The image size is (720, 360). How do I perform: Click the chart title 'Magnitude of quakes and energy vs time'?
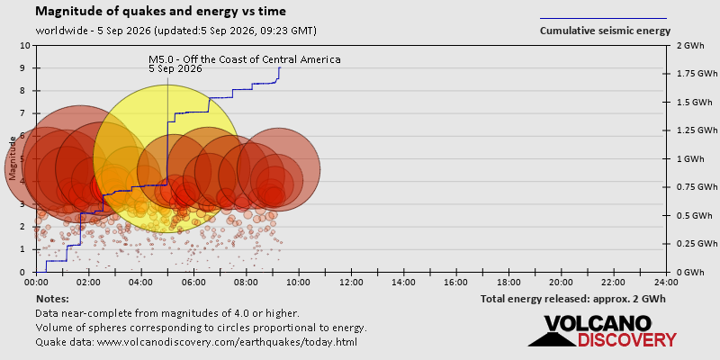tap(161, 12)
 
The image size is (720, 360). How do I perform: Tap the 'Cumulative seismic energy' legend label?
tap(605, 31)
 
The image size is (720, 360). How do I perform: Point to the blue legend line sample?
tap(603, 18)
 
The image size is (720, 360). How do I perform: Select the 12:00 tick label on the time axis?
tap(351, 282)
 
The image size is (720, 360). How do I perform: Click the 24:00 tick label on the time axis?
tap(666, 282)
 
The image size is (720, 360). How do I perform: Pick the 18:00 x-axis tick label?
tap(508, 282)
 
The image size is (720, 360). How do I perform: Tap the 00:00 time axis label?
tap(36, 282)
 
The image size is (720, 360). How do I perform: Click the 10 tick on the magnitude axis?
tap(26, 46)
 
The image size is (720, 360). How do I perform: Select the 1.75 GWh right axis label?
tap(699, 74)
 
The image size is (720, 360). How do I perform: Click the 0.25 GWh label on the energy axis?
tap(699, 243)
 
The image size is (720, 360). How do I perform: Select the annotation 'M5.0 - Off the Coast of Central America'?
tap(244, 59)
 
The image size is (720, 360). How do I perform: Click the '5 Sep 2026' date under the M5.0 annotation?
tap(175, 69)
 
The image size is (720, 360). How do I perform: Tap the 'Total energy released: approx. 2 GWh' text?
tap(573, 299)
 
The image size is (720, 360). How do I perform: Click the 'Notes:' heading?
tap(52, 299)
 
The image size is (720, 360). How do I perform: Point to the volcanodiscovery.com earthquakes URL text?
tap(196, 342)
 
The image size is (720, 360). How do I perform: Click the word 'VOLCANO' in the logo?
tap(598, 324)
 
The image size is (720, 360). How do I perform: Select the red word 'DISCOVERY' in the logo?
tap(626, 340)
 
